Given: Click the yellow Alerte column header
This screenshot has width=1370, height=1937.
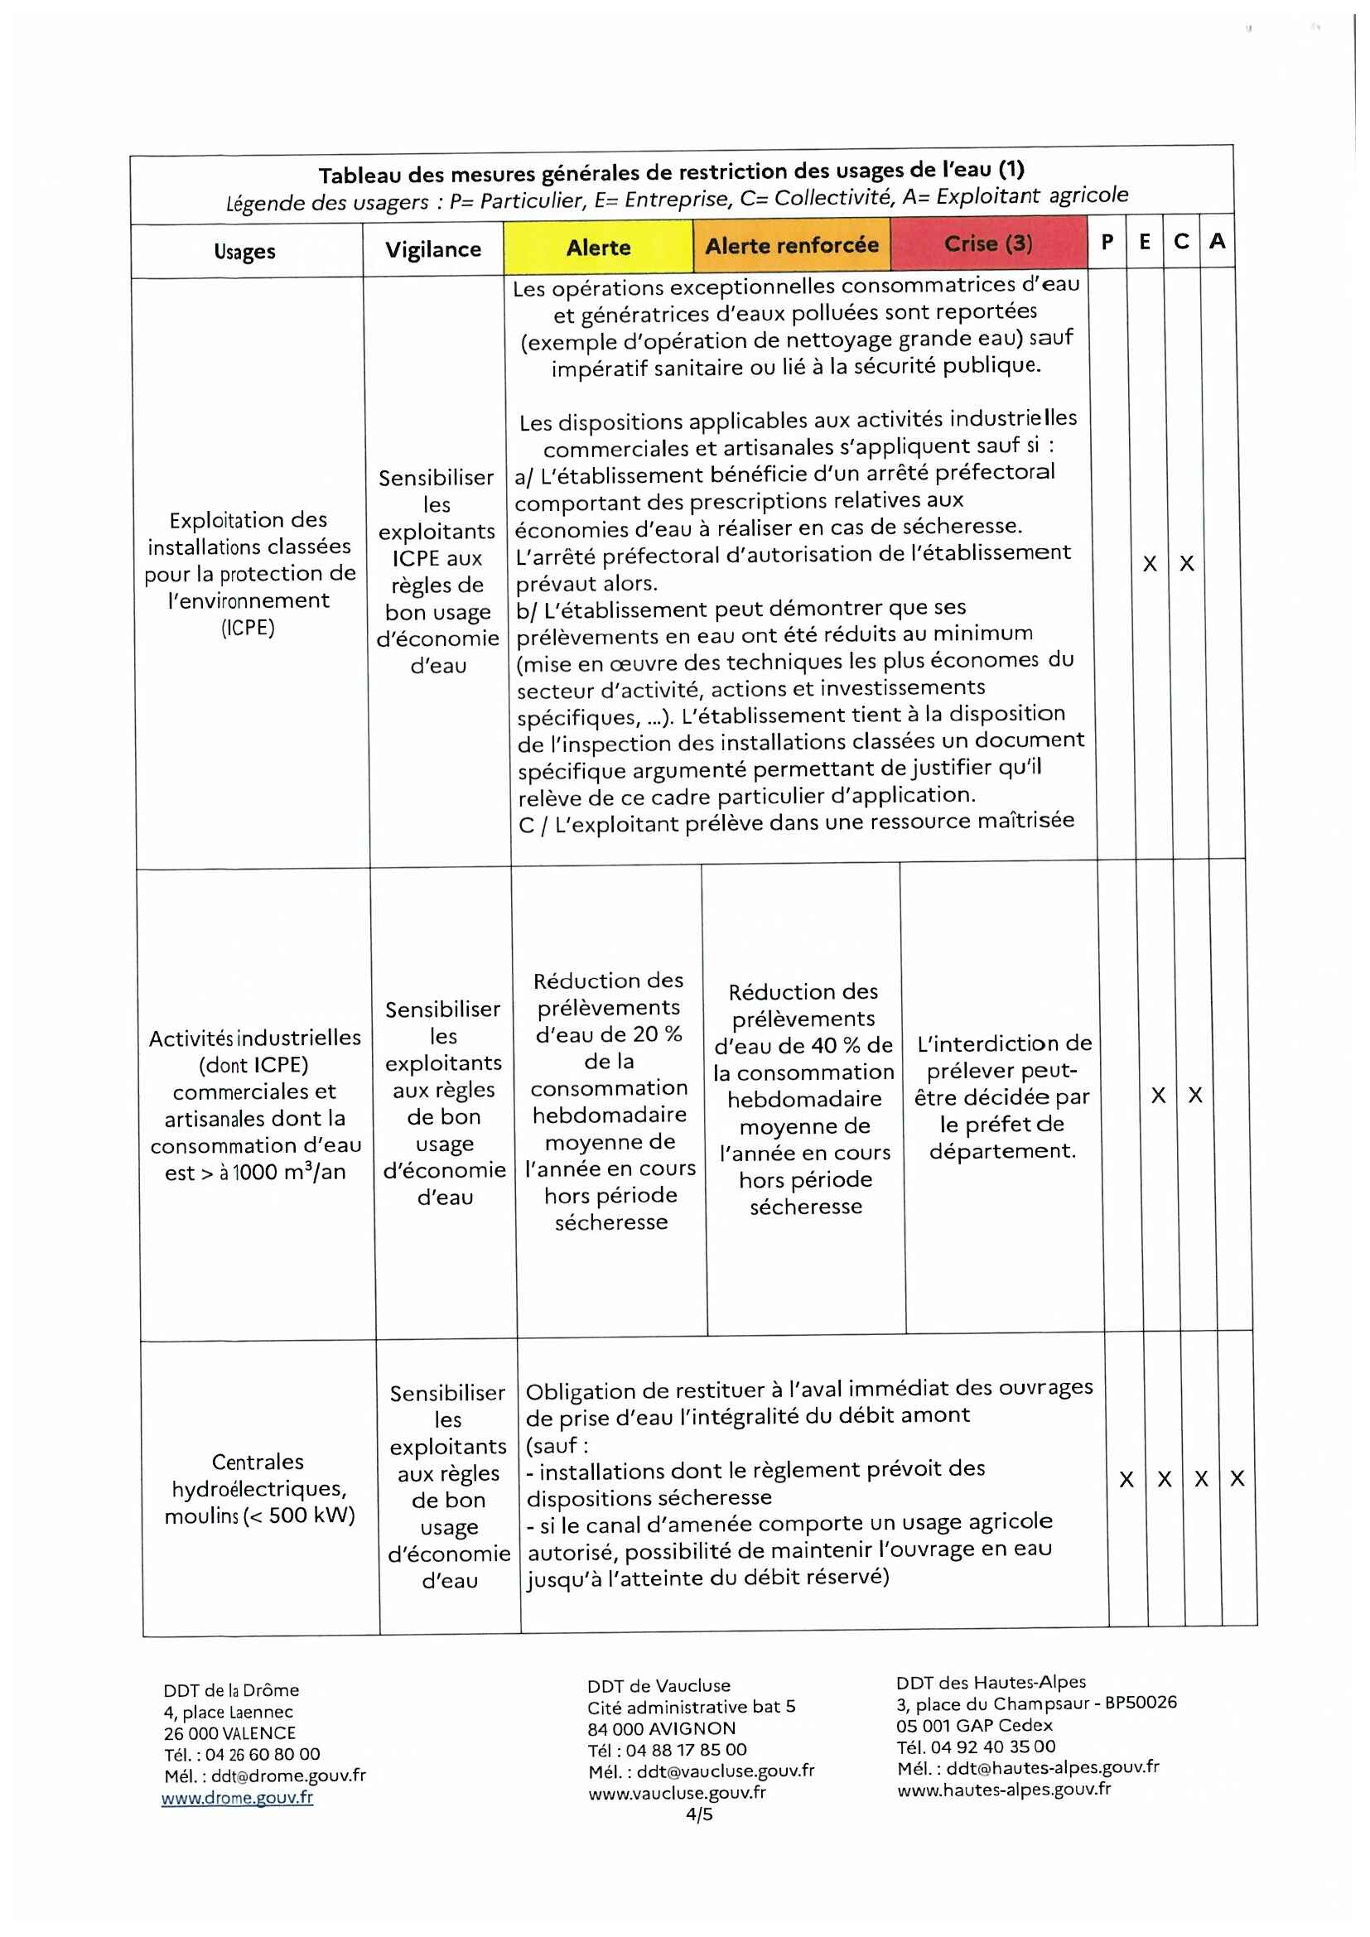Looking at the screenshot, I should coord(598,247).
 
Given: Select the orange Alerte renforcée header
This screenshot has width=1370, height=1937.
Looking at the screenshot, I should coord(791,245).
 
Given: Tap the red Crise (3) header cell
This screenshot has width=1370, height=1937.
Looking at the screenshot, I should coord(988,243).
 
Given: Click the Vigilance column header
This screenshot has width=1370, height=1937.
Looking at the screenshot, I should coord(432,250).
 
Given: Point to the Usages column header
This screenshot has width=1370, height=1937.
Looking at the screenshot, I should coord(244,252).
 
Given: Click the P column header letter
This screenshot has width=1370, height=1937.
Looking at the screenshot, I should coord(1107,242).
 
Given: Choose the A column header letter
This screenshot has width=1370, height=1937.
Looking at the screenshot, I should coord(1217,241).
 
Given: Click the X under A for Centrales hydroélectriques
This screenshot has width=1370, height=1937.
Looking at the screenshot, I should coord(1237,1478).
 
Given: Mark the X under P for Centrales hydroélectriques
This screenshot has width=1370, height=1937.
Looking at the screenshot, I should coord(1126,1479).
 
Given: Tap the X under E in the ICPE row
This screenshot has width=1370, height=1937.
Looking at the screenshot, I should coord(1149,564).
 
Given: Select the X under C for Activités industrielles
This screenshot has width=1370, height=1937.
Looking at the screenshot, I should coord(1194,1095).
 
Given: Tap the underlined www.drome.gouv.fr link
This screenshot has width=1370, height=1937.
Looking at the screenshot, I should coord(237,1797).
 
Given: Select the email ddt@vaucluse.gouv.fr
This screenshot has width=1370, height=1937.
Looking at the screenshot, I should coord(725,1770).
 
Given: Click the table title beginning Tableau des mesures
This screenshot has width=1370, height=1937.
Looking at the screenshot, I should coord(671,172).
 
